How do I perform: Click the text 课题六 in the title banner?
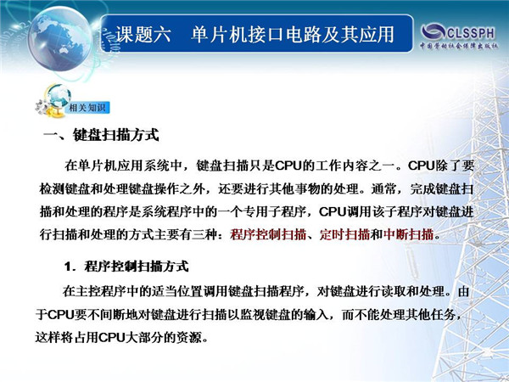[x=143, y=35]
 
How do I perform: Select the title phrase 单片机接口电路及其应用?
[x=293, y=35]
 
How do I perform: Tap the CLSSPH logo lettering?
[x=458, y=32]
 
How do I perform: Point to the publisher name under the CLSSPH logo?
[x=459, y=46]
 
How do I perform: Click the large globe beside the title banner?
[x=59, y=39]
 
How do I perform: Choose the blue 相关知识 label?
[x=87, y=108]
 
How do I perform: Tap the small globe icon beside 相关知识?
[x=59, y=96]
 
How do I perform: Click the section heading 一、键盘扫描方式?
[x=101, y=135]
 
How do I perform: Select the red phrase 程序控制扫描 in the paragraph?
[x=268, y=234]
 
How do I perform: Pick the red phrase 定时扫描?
[x=344, y=234]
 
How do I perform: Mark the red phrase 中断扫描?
[x=408, y=234]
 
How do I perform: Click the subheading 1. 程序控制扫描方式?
[x=126, y=267]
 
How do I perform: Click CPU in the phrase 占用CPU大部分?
[x=112, y=338]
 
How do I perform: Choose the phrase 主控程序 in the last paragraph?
[x=101, y=291]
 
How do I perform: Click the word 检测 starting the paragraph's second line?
[x=52, y=188]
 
